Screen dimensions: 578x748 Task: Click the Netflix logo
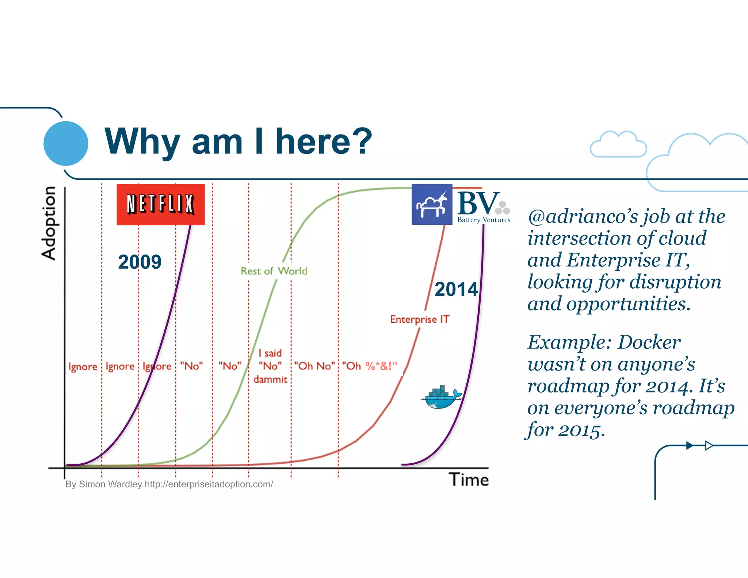(160, 204)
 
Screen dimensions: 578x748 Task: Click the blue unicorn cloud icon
(432, 205)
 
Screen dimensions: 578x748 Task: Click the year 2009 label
(140, 262)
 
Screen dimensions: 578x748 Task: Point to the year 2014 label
(456, 289)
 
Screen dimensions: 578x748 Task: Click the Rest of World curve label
(274, 271)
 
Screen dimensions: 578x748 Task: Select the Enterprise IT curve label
(419, 319)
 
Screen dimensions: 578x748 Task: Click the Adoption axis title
(49, 223)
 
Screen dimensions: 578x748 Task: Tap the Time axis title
(469, 480)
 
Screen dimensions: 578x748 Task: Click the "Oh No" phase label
(314, 366)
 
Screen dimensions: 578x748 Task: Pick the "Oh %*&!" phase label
(369, 366)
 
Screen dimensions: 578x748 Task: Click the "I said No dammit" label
(270, 366)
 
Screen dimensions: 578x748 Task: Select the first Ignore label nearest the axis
(83, 366)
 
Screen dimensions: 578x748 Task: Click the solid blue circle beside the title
(66, 143)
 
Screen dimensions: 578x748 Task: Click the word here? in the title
(324, 142)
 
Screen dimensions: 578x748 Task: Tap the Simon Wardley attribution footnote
(169, 484)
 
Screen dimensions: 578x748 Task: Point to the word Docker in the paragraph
(649, 343)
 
